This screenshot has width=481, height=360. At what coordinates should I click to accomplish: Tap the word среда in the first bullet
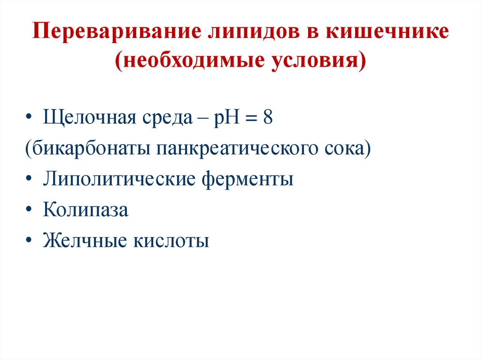coord(162,118)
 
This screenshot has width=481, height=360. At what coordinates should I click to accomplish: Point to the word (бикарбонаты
coord(87,149)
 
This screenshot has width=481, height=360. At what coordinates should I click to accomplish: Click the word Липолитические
coord(120,180)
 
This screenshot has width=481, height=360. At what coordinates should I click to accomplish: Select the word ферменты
coord(248,180)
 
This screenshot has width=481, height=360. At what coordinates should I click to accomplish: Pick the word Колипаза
coord(85,210)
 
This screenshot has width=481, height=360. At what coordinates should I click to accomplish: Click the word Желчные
coord(85,241)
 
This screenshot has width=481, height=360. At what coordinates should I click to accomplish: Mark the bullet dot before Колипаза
coord(30,210)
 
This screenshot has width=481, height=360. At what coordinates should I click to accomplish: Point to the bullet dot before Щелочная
coord(30,118)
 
